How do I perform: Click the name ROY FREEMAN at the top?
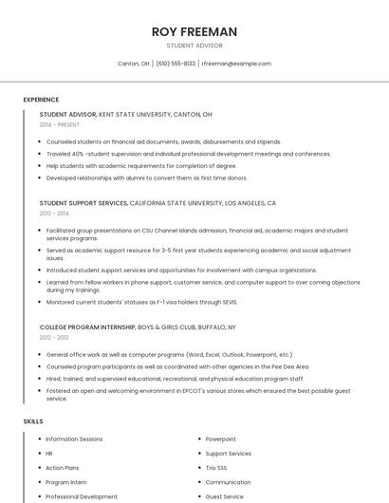pos(194,31)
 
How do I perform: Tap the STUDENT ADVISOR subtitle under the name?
pos(194,46)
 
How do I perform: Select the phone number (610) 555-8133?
pos(176,64)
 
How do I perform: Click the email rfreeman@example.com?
pos(236,64)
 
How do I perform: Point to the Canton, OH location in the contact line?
pos(133,64)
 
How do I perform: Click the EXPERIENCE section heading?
pos(41,100)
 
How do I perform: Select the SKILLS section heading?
pos(33,420)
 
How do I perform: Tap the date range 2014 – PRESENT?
pos(59,125)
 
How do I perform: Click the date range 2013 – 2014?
pos(55,214)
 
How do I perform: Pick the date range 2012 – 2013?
pos(54,337)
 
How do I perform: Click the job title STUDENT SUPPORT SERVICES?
pos(83,203)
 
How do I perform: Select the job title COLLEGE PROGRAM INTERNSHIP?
pos(88,326)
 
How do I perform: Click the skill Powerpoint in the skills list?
pos(221,439)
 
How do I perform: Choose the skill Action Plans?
pos(63,468)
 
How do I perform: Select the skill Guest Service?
pos(225,496)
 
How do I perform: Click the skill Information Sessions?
pos(74,439)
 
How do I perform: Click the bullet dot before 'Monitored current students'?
pos(41,302)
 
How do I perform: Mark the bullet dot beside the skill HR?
pos(41,454)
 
